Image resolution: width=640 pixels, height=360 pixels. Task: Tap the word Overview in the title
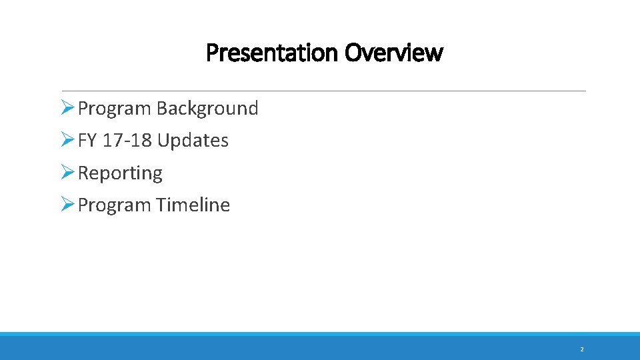click(x=393, y=52)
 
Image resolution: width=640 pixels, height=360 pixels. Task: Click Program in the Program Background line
click(x=115, y=108)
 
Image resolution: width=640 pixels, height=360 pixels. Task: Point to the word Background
click(x=207, y=108)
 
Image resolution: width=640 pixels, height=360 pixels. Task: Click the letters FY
click(x=87, y=141)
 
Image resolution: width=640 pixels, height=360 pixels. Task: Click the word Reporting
click(x=120, y=173)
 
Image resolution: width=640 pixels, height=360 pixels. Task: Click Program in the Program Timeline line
click(x=115, y=205)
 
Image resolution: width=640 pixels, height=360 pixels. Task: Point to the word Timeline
click(x=193, y=205)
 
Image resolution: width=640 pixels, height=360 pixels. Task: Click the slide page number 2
click(x=581, y=349)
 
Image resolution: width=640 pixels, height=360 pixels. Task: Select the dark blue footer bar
click(x=320, y=348)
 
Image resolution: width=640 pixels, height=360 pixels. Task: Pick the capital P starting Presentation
click(x=211, y=52)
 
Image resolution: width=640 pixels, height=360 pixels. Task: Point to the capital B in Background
click(x=162, y=108)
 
